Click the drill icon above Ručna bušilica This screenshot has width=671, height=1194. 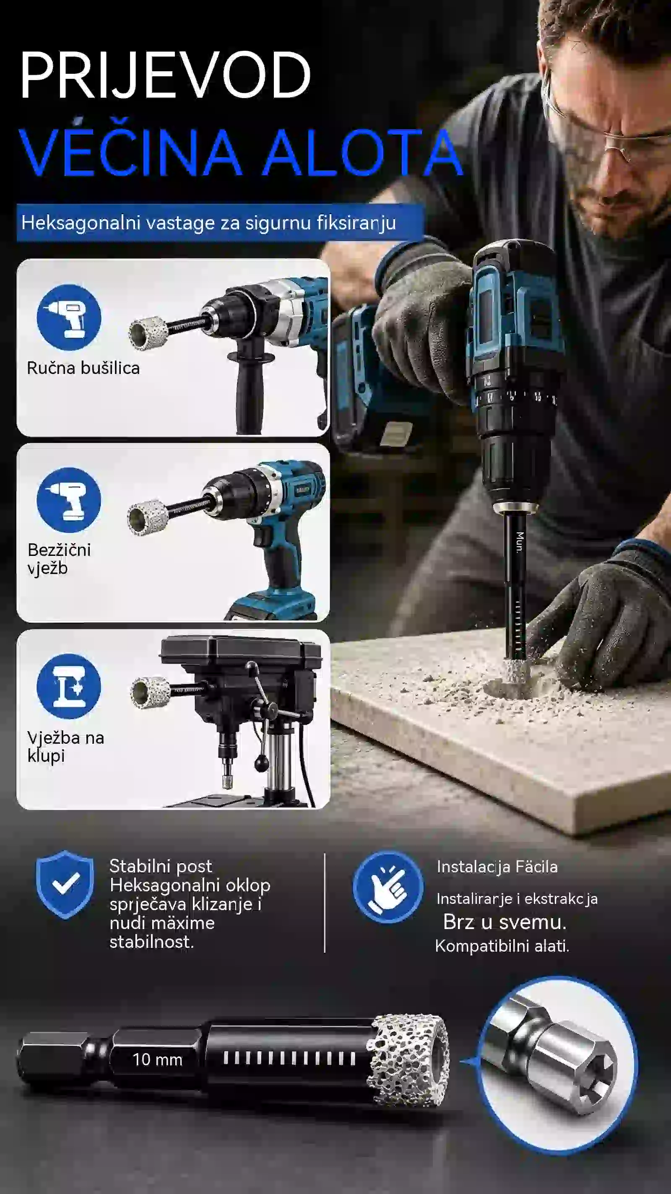coord(69,317)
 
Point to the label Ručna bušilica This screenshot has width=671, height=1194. coord(83,368)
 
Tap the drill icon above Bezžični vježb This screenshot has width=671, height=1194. coord(69,500)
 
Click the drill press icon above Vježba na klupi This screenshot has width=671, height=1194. coord(69,686)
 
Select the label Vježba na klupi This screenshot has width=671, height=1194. coord(65,746)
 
